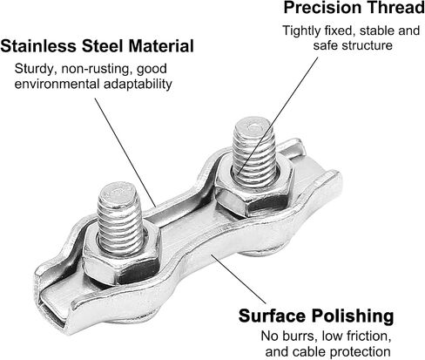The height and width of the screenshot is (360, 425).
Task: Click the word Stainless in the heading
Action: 39,46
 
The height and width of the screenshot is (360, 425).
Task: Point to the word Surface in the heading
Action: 272,316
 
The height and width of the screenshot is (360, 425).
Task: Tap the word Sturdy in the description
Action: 34,70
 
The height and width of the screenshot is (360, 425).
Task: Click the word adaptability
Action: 138,85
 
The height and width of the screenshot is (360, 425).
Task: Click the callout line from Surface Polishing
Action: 238,279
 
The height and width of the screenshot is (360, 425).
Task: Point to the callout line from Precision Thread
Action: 277,116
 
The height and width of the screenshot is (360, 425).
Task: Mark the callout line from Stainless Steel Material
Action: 125,153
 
